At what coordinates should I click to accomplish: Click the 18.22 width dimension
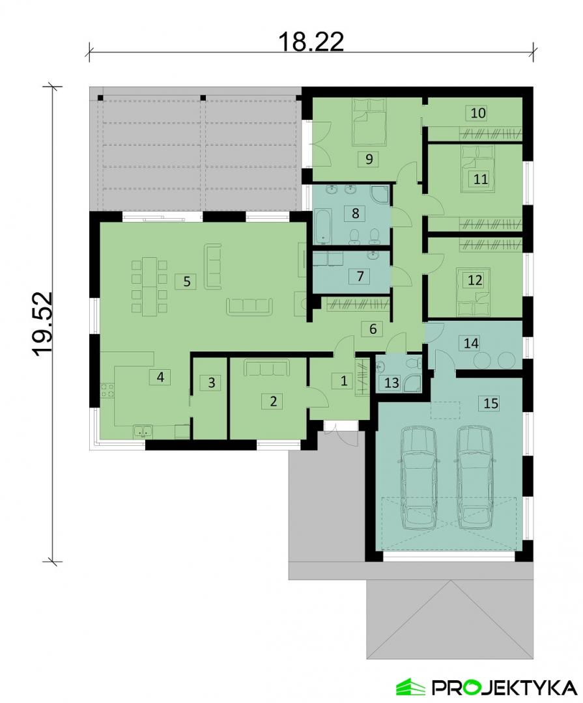pyautogui.click(x=311, y=41)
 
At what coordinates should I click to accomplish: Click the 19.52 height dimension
pyautogui.click(x=43, y=324)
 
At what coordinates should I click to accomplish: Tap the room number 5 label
pyautogui.click(x=186, y=281)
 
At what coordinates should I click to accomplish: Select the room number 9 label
pyautogui.click(x=369, y=159)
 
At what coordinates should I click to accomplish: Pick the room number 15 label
pyautogui.click(x=491, y=403)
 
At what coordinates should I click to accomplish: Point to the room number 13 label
pyautogui.click(x=391, y=383)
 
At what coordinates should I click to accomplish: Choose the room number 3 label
pyautogui.click(x=212, y=383)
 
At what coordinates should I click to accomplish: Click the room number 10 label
pyautogui.click(x=478, y=113)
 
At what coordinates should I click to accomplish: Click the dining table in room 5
pyautogui.click(x=149, y=286)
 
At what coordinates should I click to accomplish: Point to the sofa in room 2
pyautogui.click(x=265, y=367)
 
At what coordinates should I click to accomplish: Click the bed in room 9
pyautogui.click(x=369, y=122)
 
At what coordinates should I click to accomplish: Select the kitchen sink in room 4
pyautogui.click(x=143, y=432)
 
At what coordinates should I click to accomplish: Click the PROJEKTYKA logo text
pyautogui.click(x=504, y=687)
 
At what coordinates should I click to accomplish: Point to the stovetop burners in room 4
pyautogui.click(x=107, y=390)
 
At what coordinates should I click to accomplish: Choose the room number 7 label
pyautogui.click(x=360, y=276)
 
